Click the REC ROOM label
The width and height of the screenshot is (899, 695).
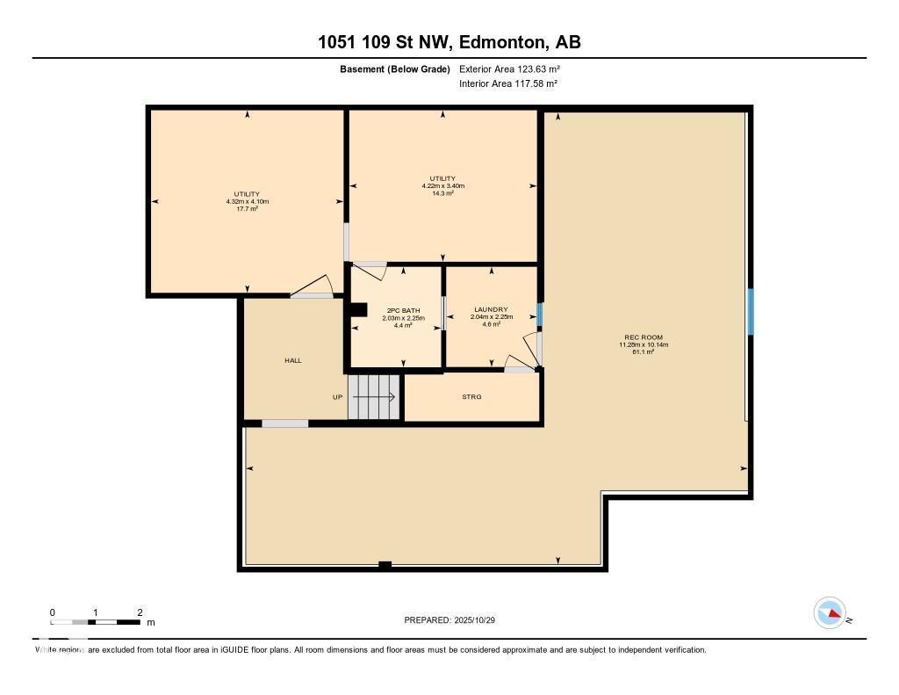644,337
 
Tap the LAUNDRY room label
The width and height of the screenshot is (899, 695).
491,309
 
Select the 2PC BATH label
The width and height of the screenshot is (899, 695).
403,310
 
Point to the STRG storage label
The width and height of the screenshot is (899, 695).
471,397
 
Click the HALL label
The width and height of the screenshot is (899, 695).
292,360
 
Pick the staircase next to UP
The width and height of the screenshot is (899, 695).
374,397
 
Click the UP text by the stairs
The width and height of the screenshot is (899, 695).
337,397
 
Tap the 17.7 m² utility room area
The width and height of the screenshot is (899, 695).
247,209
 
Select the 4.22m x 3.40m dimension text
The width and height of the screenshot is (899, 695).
442,186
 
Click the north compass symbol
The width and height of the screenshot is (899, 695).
830,613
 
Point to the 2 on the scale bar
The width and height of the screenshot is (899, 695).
140,612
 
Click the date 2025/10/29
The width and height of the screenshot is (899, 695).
482,620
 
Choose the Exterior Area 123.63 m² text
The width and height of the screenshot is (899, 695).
509,69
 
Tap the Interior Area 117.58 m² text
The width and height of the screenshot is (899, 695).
508,83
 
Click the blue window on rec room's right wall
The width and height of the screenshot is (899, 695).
750,311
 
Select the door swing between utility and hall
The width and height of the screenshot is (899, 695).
313,286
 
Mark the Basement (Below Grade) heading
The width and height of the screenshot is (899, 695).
394,69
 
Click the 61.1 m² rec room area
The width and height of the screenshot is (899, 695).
644,352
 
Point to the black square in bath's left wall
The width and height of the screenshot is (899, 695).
357,309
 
